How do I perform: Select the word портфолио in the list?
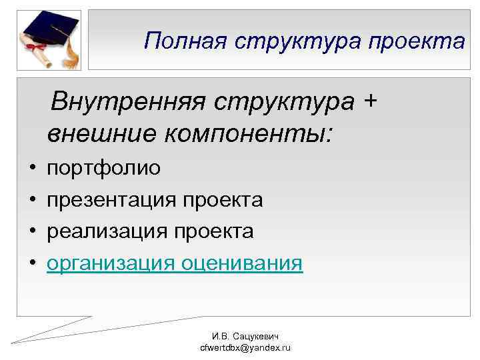pos(103,168)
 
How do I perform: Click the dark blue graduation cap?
pos(49,26)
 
